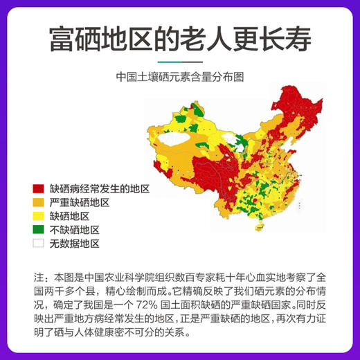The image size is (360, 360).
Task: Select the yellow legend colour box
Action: click(39, 217)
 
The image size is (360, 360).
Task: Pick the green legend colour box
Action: click(39, 230)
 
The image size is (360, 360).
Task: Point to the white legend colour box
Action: click(39, 244)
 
